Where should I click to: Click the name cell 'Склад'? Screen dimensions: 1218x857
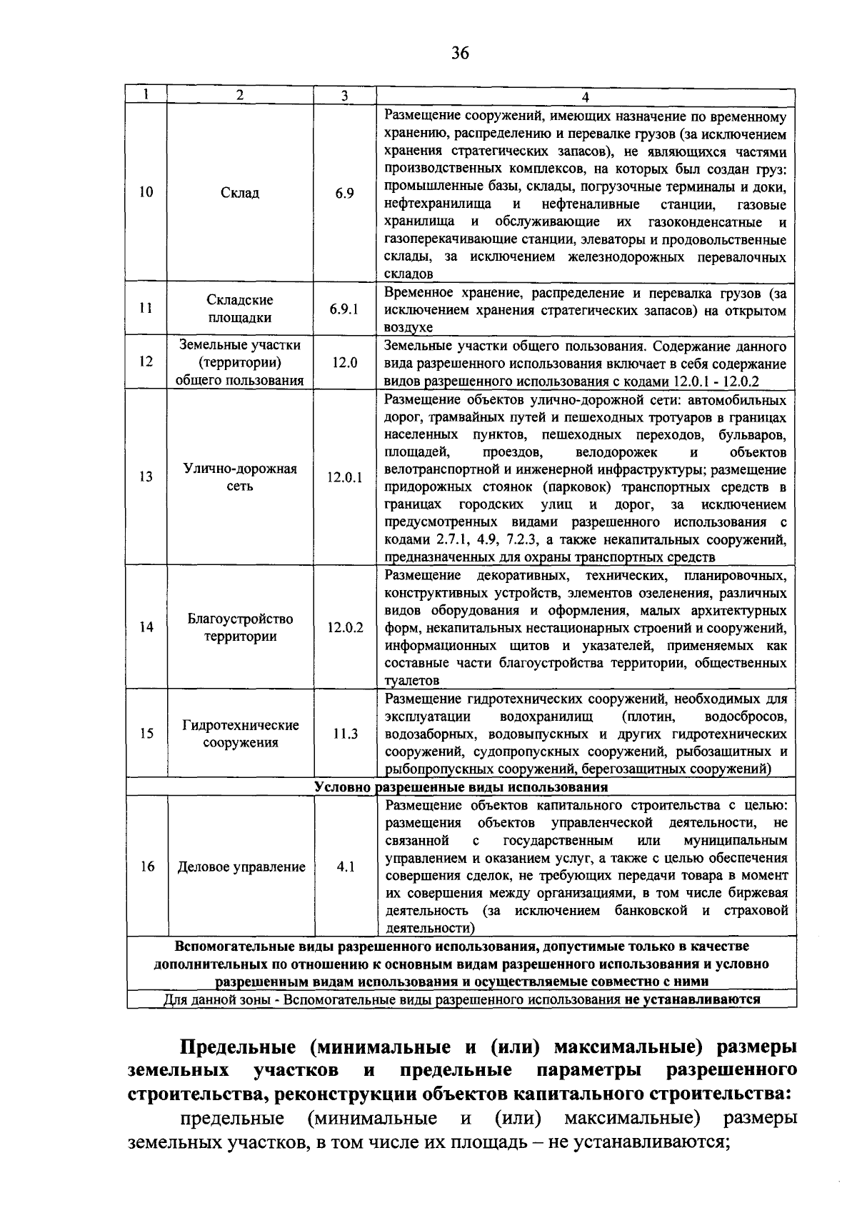[x=240, y=193]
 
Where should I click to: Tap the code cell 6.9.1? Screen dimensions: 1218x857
[x=344, y=309]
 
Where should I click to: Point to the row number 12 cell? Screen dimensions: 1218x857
[x=146, y=362]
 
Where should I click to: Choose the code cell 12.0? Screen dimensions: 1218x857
[x=344, y=362]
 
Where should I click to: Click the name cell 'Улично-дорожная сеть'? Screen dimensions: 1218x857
[x=240, y=477]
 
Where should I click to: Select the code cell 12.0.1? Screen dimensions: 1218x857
[x=344, y=477]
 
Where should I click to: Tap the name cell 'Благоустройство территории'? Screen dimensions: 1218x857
[x=240, y=627]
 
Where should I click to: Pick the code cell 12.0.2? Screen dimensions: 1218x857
[x=344, y=627]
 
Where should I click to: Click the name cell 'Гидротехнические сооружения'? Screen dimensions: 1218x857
[x=240, y=734]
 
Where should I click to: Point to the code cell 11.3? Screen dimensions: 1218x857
[x=344, y=734]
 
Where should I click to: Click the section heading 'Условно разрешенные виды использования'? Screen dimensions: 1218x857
[x=461, y=787]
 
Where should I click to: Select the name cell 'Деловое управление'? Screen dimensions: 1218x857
[x=241, y=867]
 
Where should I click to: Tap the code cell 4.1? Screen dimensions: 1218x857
[x=344, y=867]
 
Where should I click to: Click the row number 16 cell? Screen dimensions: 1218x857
[x=146, y=867]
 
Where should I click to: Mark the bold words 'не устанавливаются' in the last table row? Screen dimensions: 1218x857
[x=692, y=999]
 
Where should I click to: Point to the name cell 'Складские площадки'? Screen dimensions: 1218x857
[x=240, y=309]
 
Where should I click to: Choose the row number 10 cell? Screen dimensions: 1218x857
[x=146, y=193]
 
